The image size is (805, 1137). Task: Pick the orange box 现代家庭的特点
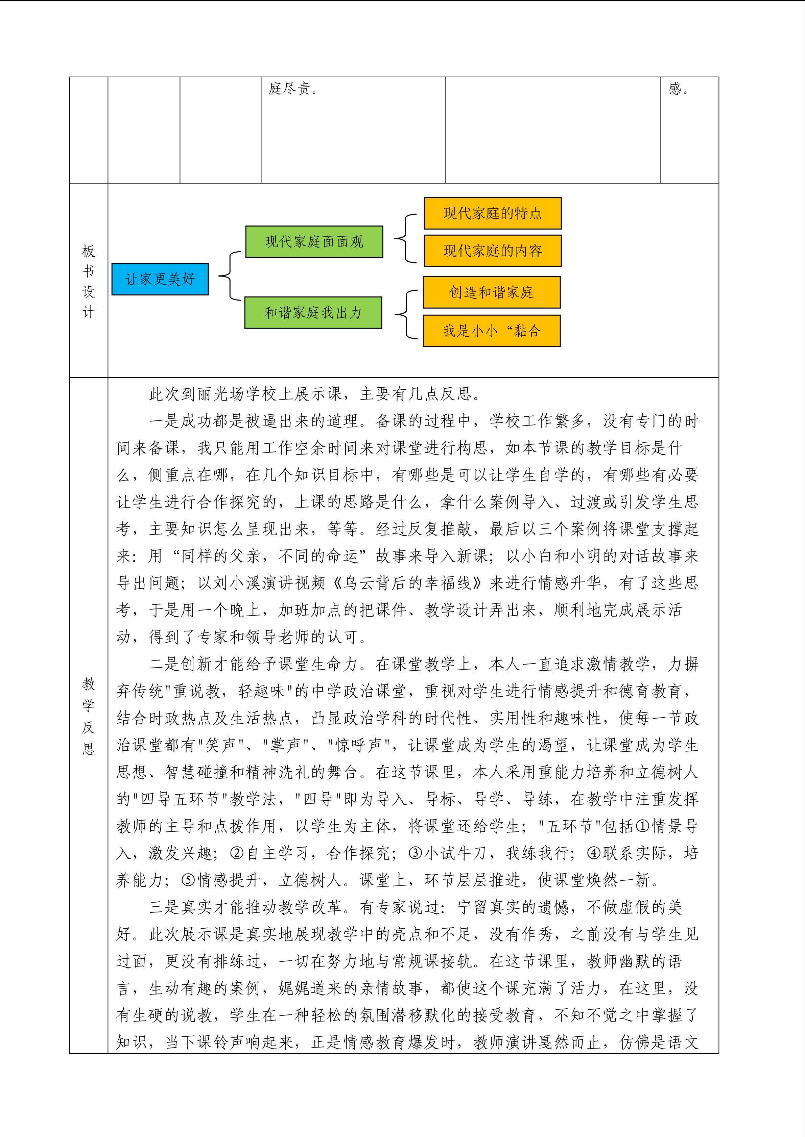pos(492,213)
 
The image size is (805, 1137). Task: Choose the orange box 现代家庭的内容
pos(492,251)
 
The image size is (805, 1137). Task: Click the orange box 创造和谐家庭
pos(491,292)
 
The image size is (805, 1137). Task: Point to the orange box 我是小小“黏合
pos(491,331)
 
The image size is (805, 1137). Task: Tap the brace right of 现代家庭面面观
pos(404,238)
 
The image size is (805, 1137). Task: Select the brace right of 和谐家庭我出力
pos(404,314)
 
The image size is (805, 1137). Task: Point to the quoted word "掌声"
pos(286,745)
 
